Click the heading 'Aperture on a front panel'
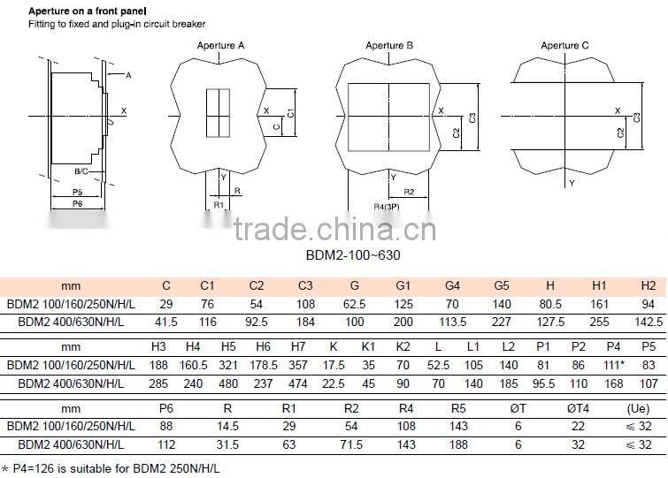[x=75, y=8]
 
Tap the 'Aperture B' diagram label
[x=389, y=45]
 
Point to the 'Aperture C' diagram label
[x=564, y=45]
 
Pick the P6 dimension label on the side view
[x=77, y=204]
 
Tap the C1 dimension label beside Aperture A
[x=290, y=113]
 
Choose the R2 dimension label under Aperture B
[x=409, y=192]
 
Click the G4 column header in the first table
[x=452, y=287]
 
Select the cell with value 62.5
[x=354, y=304]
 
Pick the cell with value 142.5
[x=649, y=321]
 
